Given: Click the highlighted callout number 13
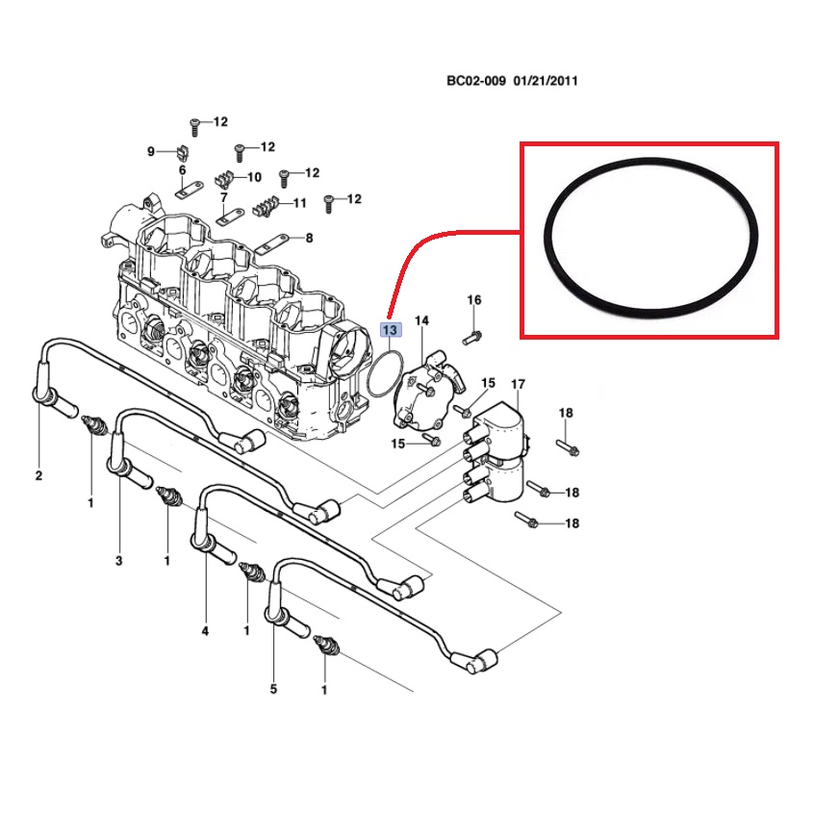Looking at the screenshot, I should coord(390,330).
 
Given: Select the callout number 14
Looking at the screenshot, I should coord(421,320).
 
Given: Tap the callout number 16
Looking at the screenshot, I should coord(474,300).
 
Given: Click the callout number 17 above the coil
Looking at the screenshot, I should coord(518,385).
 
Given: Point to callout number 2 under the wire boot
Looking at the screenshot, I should coord(39,476).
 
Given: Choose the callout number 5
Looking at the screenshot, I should coord(273,689).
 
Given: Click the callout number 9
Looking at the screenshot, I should coord(151,152).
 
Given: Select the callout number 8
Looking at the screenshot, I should coord(309,238).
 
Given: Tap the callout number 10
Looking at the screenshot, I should coord(254,177).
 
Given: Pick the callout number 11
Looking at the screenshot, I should coord(299,203).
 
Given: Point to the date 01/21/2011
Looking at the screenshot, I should coord(546,82).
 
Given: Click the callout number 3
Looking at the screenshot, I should coord(120,560).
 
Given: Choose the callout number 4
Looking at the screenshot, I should coord(205,631).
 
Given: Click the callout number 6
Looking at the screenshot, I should coord(181,170).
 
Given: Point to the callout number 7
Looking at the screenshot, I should coord(224,197).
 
